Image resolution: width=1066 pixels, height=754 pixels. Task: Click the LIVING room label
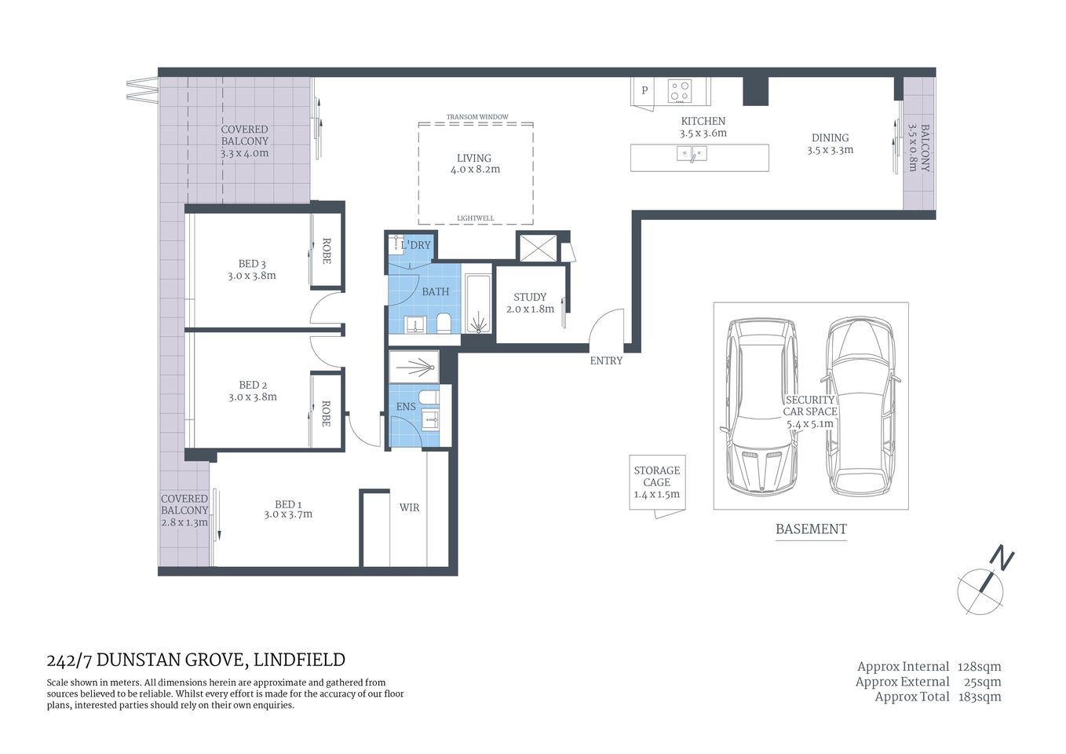pyautogui.click(x=474, y=163)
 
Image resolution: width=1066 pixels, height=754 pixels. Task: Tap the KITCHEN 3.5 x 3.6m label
pyautogui.click(x=703, y=127)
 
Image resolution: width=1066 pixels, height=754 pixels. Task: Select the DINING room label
pyautogui.click(x=830, y=144)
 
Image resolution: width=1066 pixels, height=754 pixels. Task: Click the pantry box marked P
pyautogui.click(x=644, y=90)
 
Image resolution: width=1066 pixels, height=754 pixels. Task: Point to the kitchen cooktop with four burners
pyautogui.click(x=679, y=91)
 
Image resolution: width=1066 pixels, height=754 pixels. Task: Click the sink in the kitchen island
pyautogui.click(x=692, y=154)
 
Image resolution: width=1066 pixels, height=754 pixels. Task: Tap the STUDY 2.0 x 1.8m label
pyautogui.click(x=530, y=302)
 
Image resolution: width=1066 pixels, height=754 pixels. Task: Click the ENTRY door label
pyautogui.click(x=606, y=361)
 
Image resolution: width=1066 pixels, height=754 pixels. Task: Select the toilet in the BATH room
pyautogui.click(x=444, y=324)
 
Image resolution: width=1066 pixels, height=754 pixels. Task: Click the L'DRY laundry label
pyautogui.click(x=415, y=245)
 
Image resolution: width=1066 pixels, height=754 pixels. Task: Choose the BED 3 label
pyautogui.click(x=252, y=269)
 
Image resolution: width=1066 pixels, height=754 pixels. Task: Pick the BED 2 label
pyautogui.click(x=252, y=390)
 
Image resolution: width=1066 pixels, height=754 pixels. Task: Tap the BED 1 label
pyautogui.click(x=288, y=509)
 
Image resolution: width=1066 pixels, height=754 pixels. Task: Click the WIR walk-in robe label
pyautogui.click(x=409, y=507)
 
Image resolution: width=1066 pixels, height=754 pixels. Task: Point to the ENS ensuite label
pyautogui.click(x=406, y=406)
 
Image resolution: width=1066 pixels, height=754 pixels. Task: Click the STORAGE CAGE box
pyautogui.click(x=657, y=482)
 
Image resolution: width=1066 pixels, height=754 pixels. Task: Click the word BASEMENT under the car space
pyautogui.click(x=811, y=529)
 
